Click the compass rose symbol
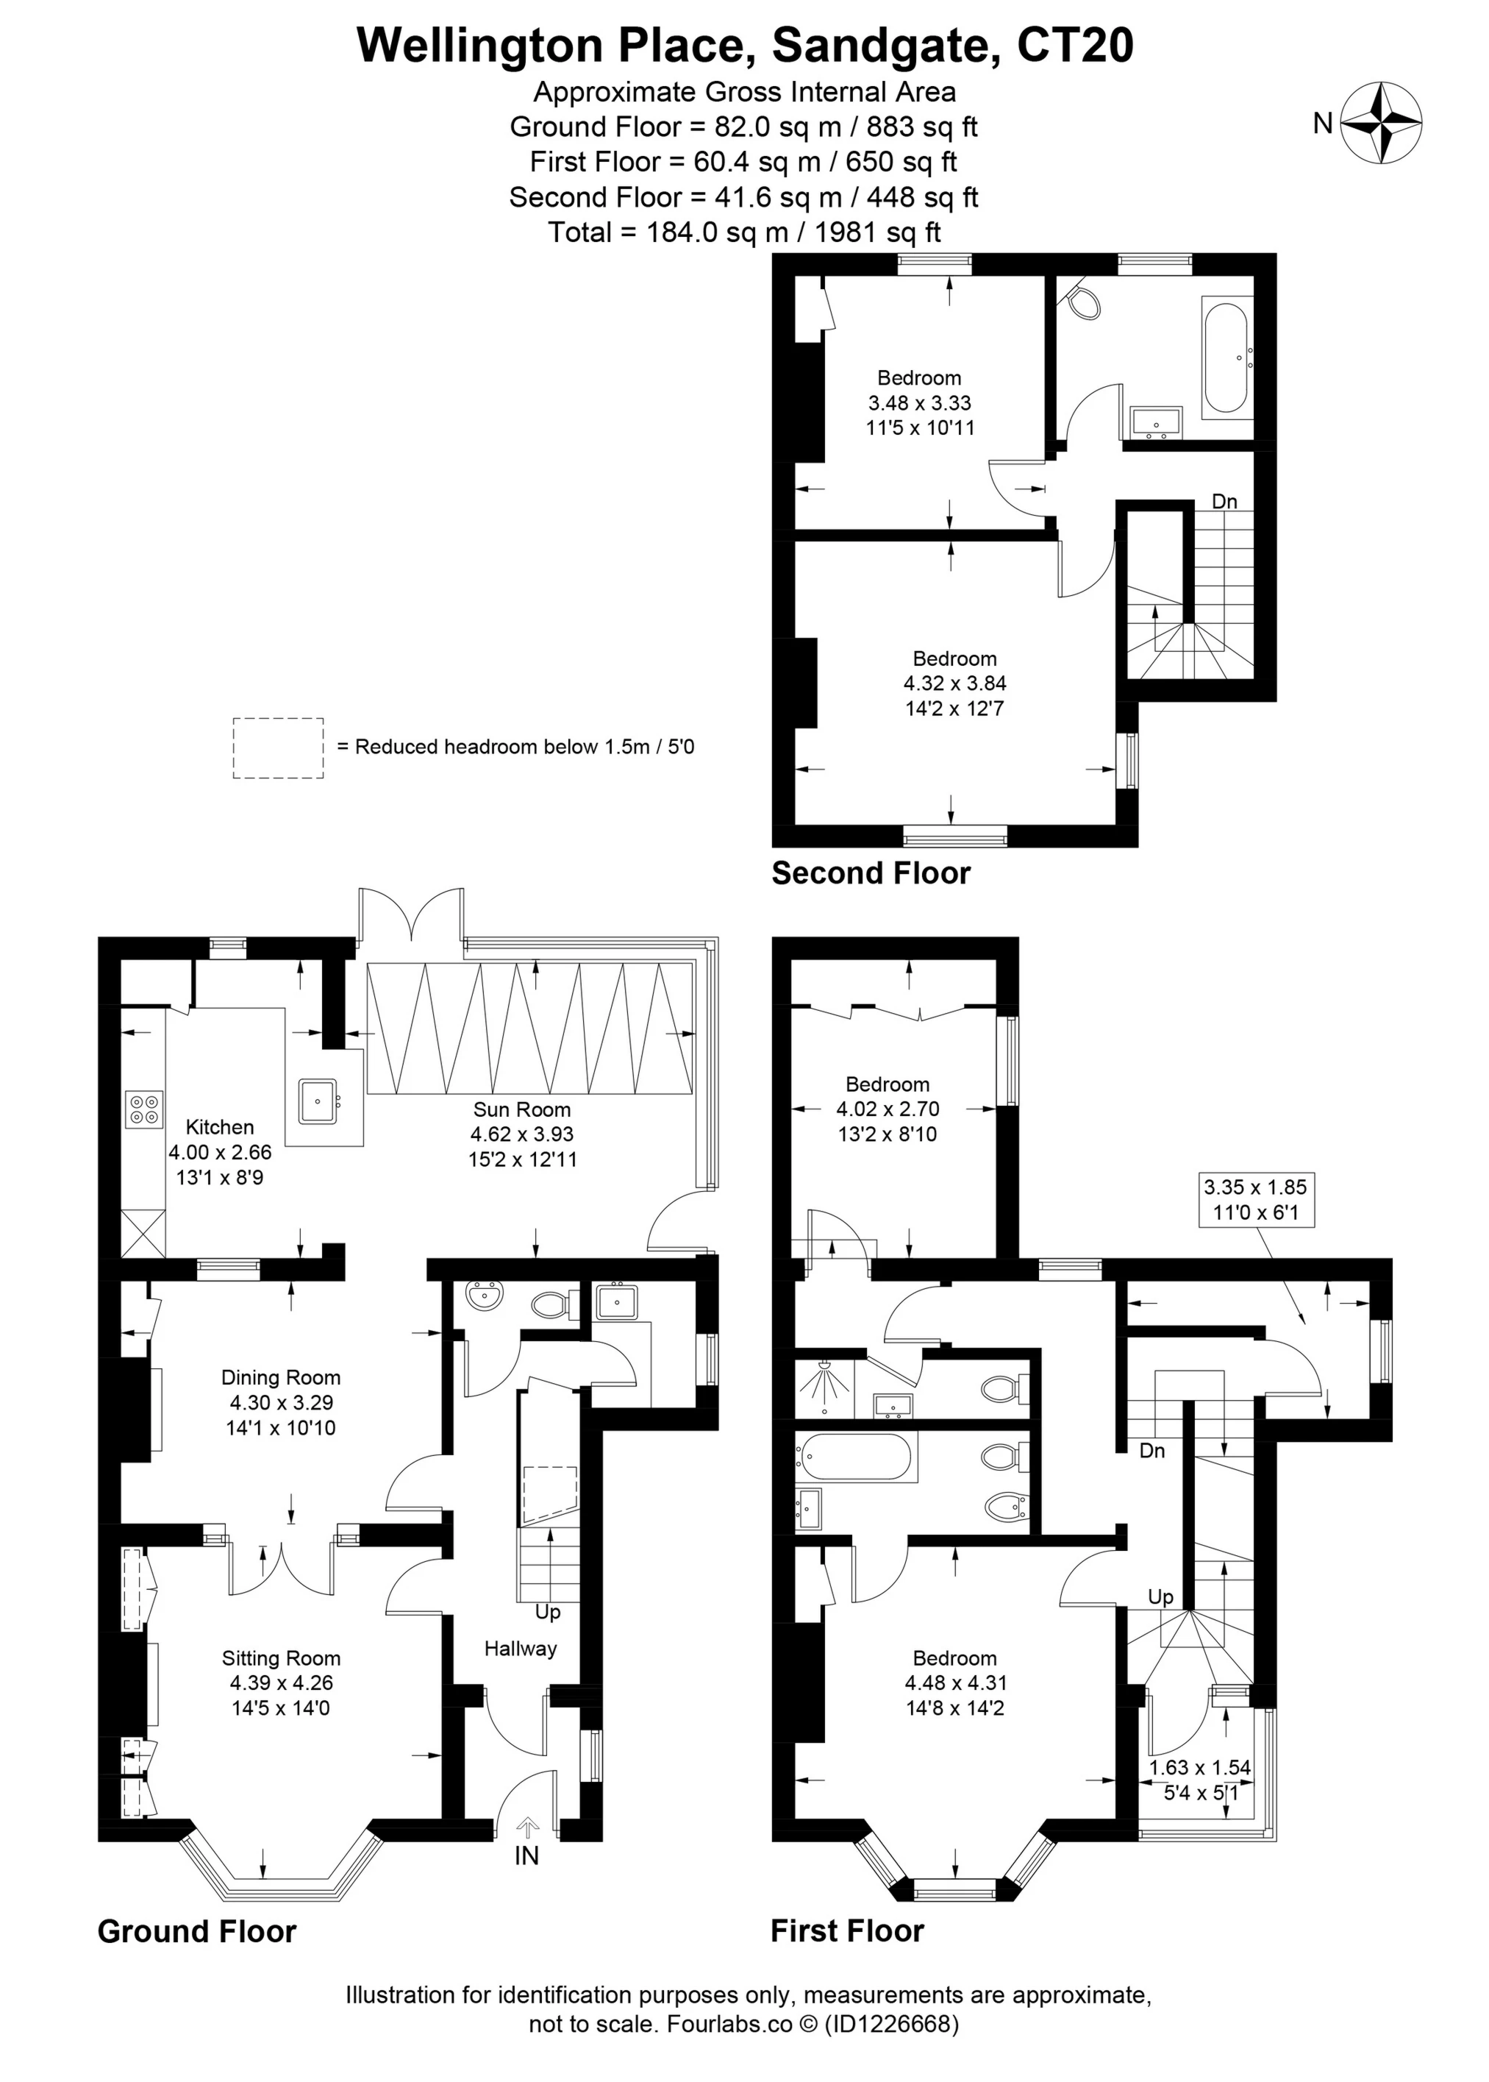1381,123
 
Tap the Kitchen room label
219,1127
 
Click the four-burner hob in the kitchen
144,1108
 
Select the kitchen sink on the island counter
317,1100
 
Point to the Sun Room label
521,1110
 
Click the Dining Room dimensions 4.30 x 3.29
281,1402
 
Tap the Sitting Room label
281,1658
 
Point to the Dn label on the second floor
1224,502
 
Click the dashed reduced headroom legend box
278,748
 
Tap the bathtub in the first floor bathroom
855,1457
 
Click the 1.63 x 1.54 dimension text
1199,1767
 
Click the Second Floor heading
870,873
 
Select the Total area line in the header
743,232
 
